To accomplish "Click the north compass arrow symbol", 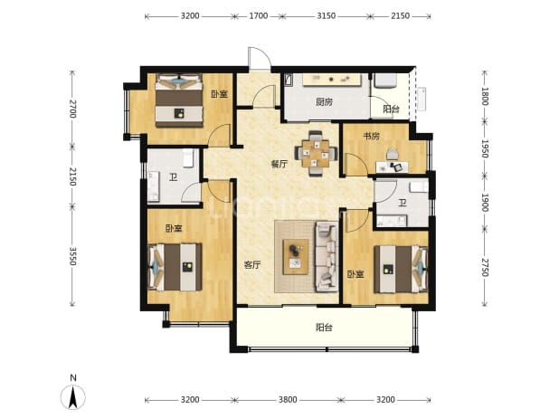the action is point(72,397).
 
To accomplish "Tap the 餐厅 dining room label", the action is point(279,165).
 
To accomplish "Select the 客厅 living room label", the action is point(252,265).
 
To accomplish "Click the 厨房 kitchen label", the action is point(324,102).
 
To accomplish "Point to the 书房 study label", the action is point(371,136).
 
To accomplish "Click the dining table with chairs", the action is point(316,154).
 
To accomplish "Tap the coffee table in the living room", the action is point(296,257).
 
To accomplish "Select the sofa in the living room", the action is point(327,256).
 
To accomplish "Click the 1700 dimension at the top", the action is point(259,16).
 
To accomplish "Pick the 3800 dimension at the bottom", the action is point(288,400).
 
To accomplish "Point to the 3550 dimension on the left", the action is point(72,256).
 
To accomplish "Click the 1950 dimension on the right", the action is point(484,148).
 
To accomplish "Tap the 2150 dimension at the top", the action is point(401,16).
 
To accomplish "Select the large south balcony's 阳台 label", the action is point(324,328).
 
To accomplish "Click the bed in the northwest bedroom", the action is point(179,100).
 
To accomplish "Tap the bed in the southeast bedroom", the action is point(401,269).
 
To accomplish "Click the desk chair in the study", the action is point(393,155).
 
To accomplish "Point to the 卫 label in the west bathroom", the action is point(174,177).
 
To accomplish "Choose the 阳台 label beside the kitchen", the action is point(391,110).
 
